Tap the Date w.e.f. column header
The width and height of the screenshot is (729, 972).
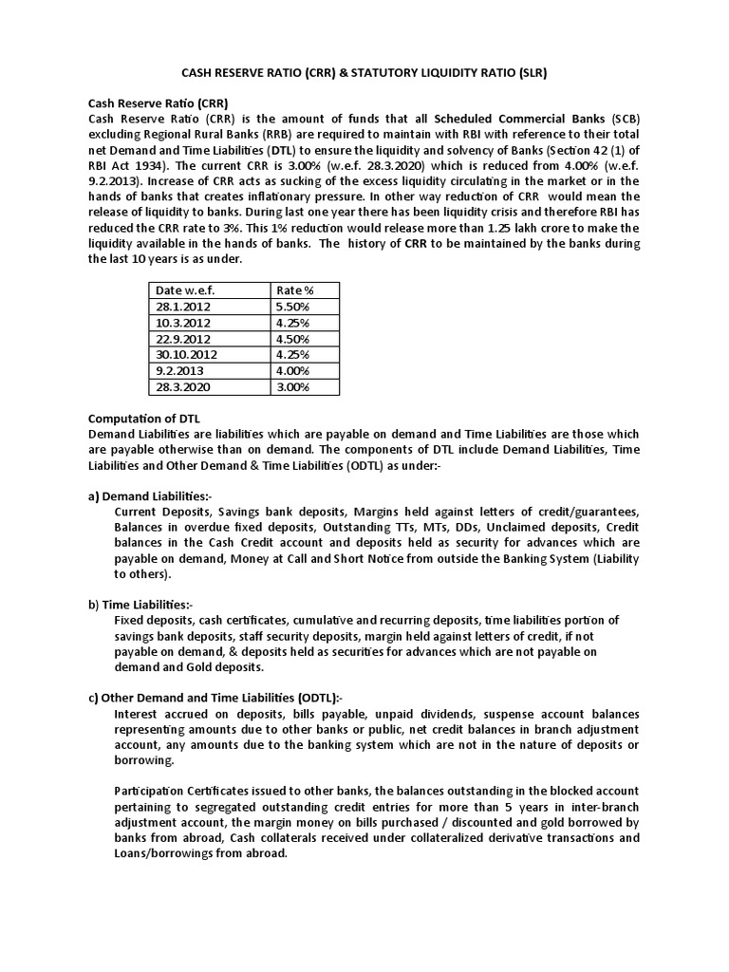[185, 290]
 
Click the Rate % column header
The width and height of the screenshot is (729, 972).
[295, 290]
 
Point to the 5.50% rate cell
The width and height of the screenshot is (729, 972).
[292, 307]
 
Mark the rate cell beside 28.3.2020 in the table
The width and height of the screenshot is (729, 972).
[292, 387]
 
